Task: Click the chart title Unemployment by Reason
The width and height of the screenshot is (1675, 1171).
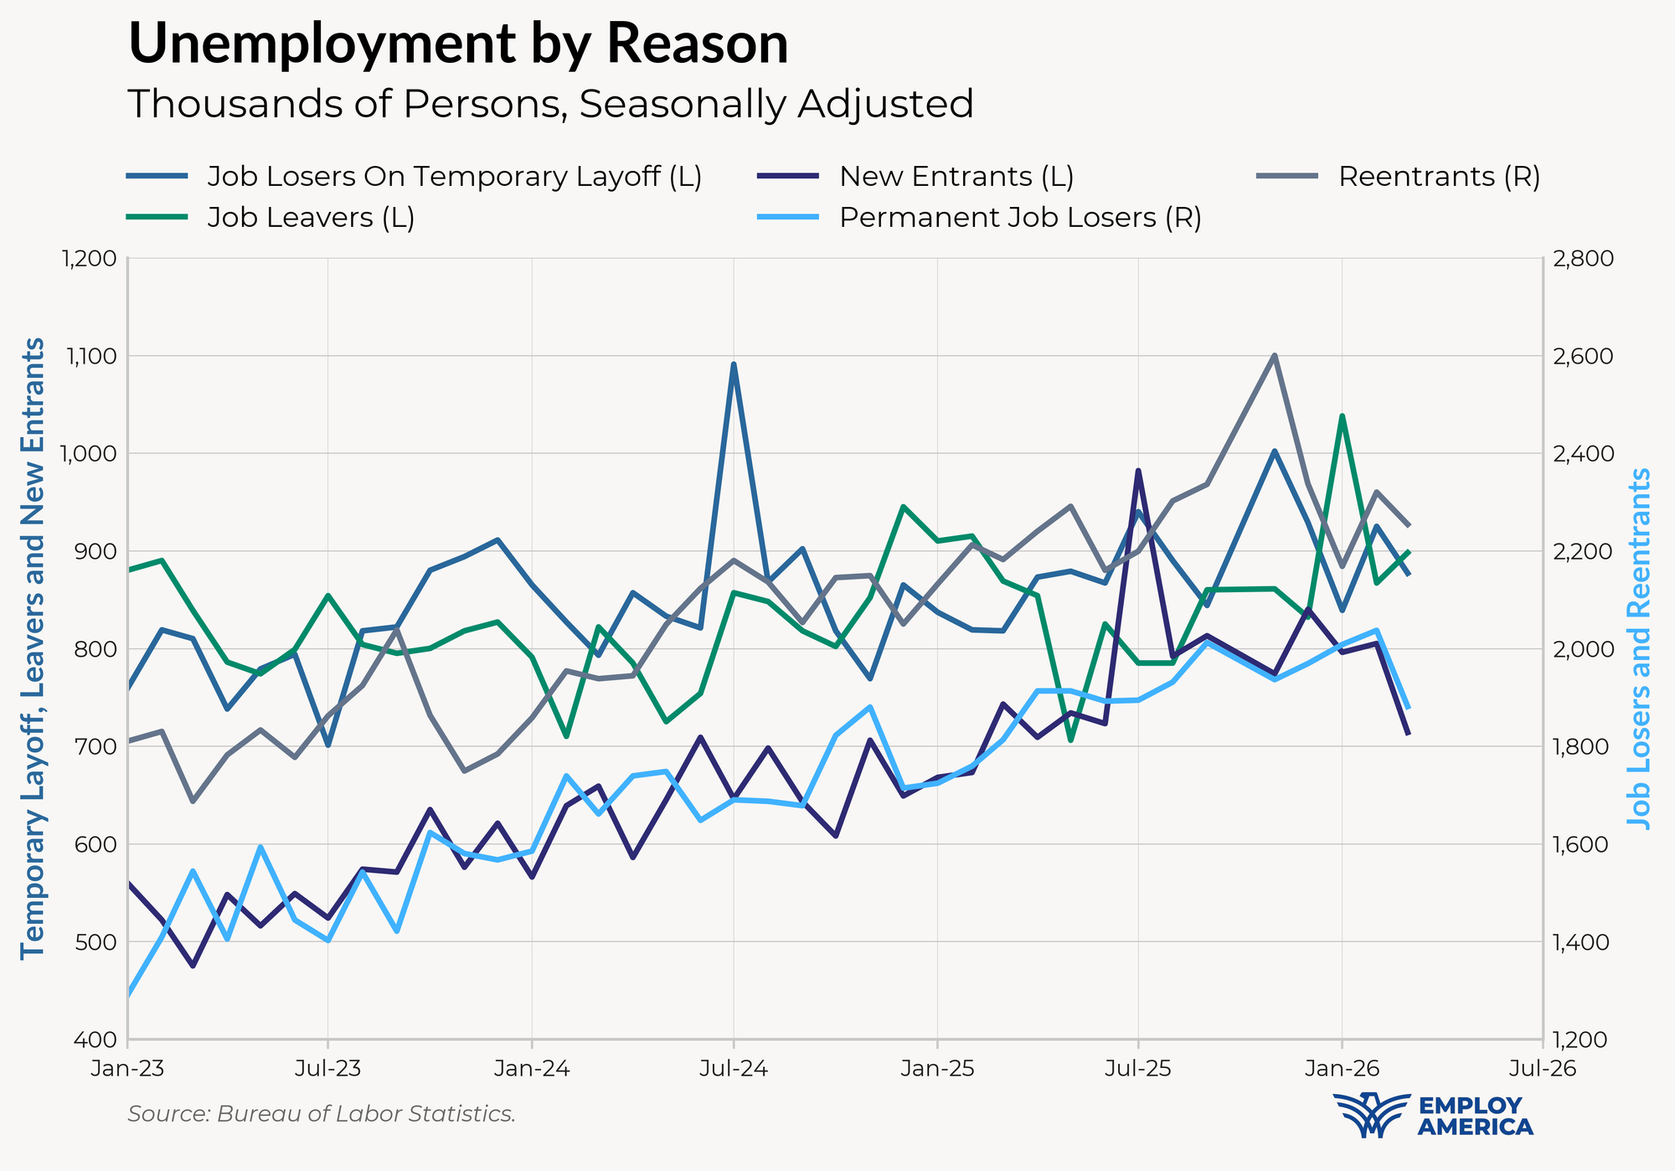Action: pyautogui.click(x=458, y=44)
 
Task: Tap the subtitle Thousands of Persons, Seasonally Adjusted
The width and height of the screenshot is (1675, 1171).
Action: pyautogui.click(x=550, y=105)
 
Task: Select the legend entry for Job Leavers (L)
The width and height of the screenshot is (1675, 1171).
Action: pyautogui.click(x=311, y=218)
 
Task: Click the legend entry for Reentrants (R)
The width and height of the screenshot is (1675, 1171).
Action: pyautogui.click(x=1439, y=177)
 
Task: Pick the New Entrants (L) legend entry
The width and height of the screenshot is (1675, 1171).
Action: pyautogui.click(x=956, y=177)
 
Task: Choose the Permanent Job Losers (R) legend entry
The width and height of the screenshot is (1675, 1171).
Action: pyautogui.click(x=1020, y=218)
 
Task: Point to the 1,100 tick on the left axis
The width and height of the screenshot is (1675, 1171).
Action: pyautogui.click(x=90, y=356)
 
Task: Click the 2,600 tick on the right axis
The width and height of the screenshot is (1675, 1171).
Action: pyautogui.click(x=1582, y=356)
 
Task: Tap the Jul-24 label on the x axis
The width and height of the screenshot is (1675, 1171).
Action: pyautogui.click(x=734, y=1069)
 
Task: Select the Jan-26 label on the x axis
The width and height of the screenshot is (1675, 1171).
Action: pyautogui.click(x=1342, y=1069)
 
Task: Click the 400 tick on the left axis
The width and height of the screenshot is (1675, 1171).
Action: pyautogui.click(x=98, y=1039)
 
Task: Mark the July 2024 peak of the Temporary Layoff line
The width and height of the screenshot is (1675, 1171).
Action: pyautogui.click(x=734, y=364)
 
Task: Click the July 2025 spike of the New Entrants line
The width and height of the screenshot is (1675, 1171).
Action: pyautogui.click(x=1138, y=471)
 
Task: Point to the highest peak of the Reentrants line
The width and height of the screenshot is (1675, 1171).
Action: pyautogui.click(x=1275, y=355)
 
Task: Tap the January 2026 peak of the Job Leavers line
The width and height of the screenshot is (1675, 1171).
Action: pyautogui.click(x=1342, y=415)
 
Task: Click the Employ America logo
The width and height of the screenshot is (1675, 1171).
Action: pyautogui.click(x=1433, y=1116)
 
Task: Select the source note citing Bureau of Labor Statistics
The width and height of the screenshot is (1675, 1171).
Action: pyautogui.click(x=322, y=1114)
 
